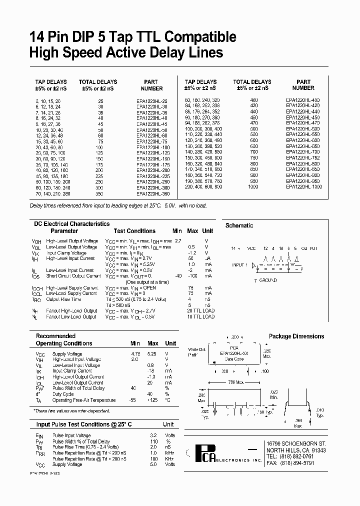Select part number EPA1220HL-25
[x=152, y=101]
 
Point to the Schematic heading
[x=239, y=225]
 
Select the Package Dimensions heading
[x=296, y=336]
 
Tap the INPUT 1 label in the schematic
[x=239, y=265]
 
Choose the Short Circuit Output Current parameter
[x=73, y=276]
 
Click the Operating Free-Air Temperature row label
[x=84, y=400]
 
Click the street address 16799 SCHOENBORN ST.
[x=296, y=443]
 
